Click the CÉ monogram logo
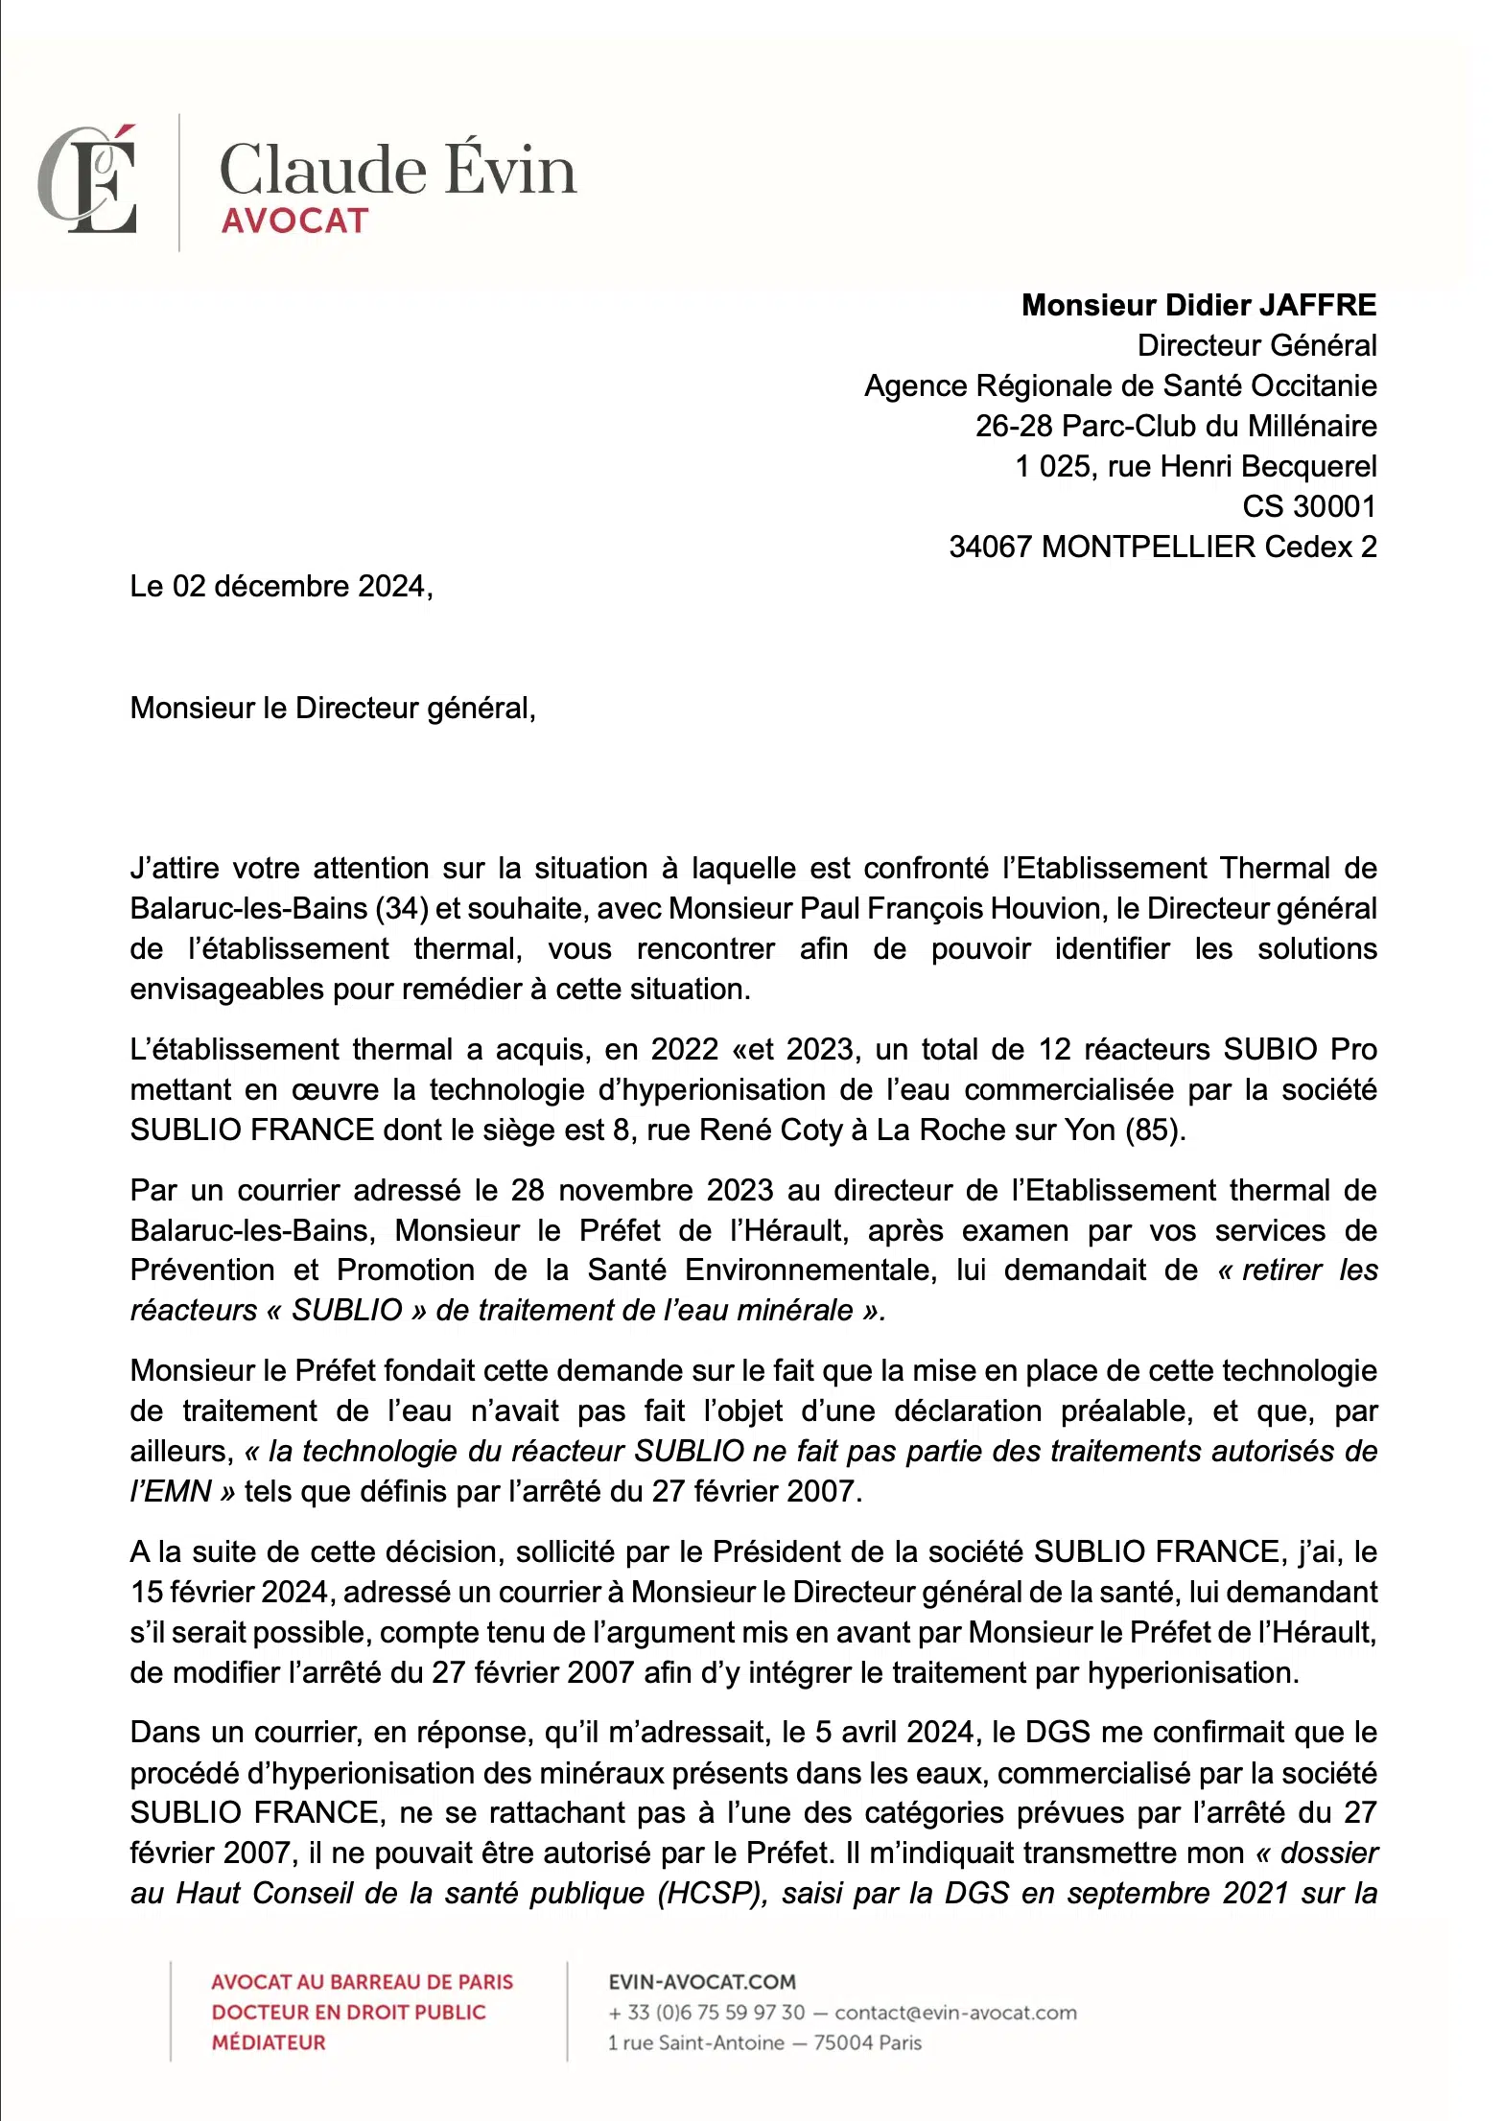[88, 180]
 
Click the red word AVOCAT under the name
[294, 221]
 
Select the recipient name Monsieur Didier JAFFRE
[1198, 305]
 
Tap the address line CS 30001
[1308, 506]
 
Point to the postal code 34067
[990, 547]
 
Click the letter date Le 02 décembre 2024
[280, 586]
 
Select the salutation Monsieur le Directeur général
[332, 708]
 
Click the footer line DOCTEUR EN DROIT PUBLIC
[349, 2012]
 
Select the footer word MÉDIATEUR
[269, 2042]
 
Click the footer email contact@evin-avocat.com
[955, 2013]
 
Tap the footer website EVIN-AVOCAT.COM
[702, 1982]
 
